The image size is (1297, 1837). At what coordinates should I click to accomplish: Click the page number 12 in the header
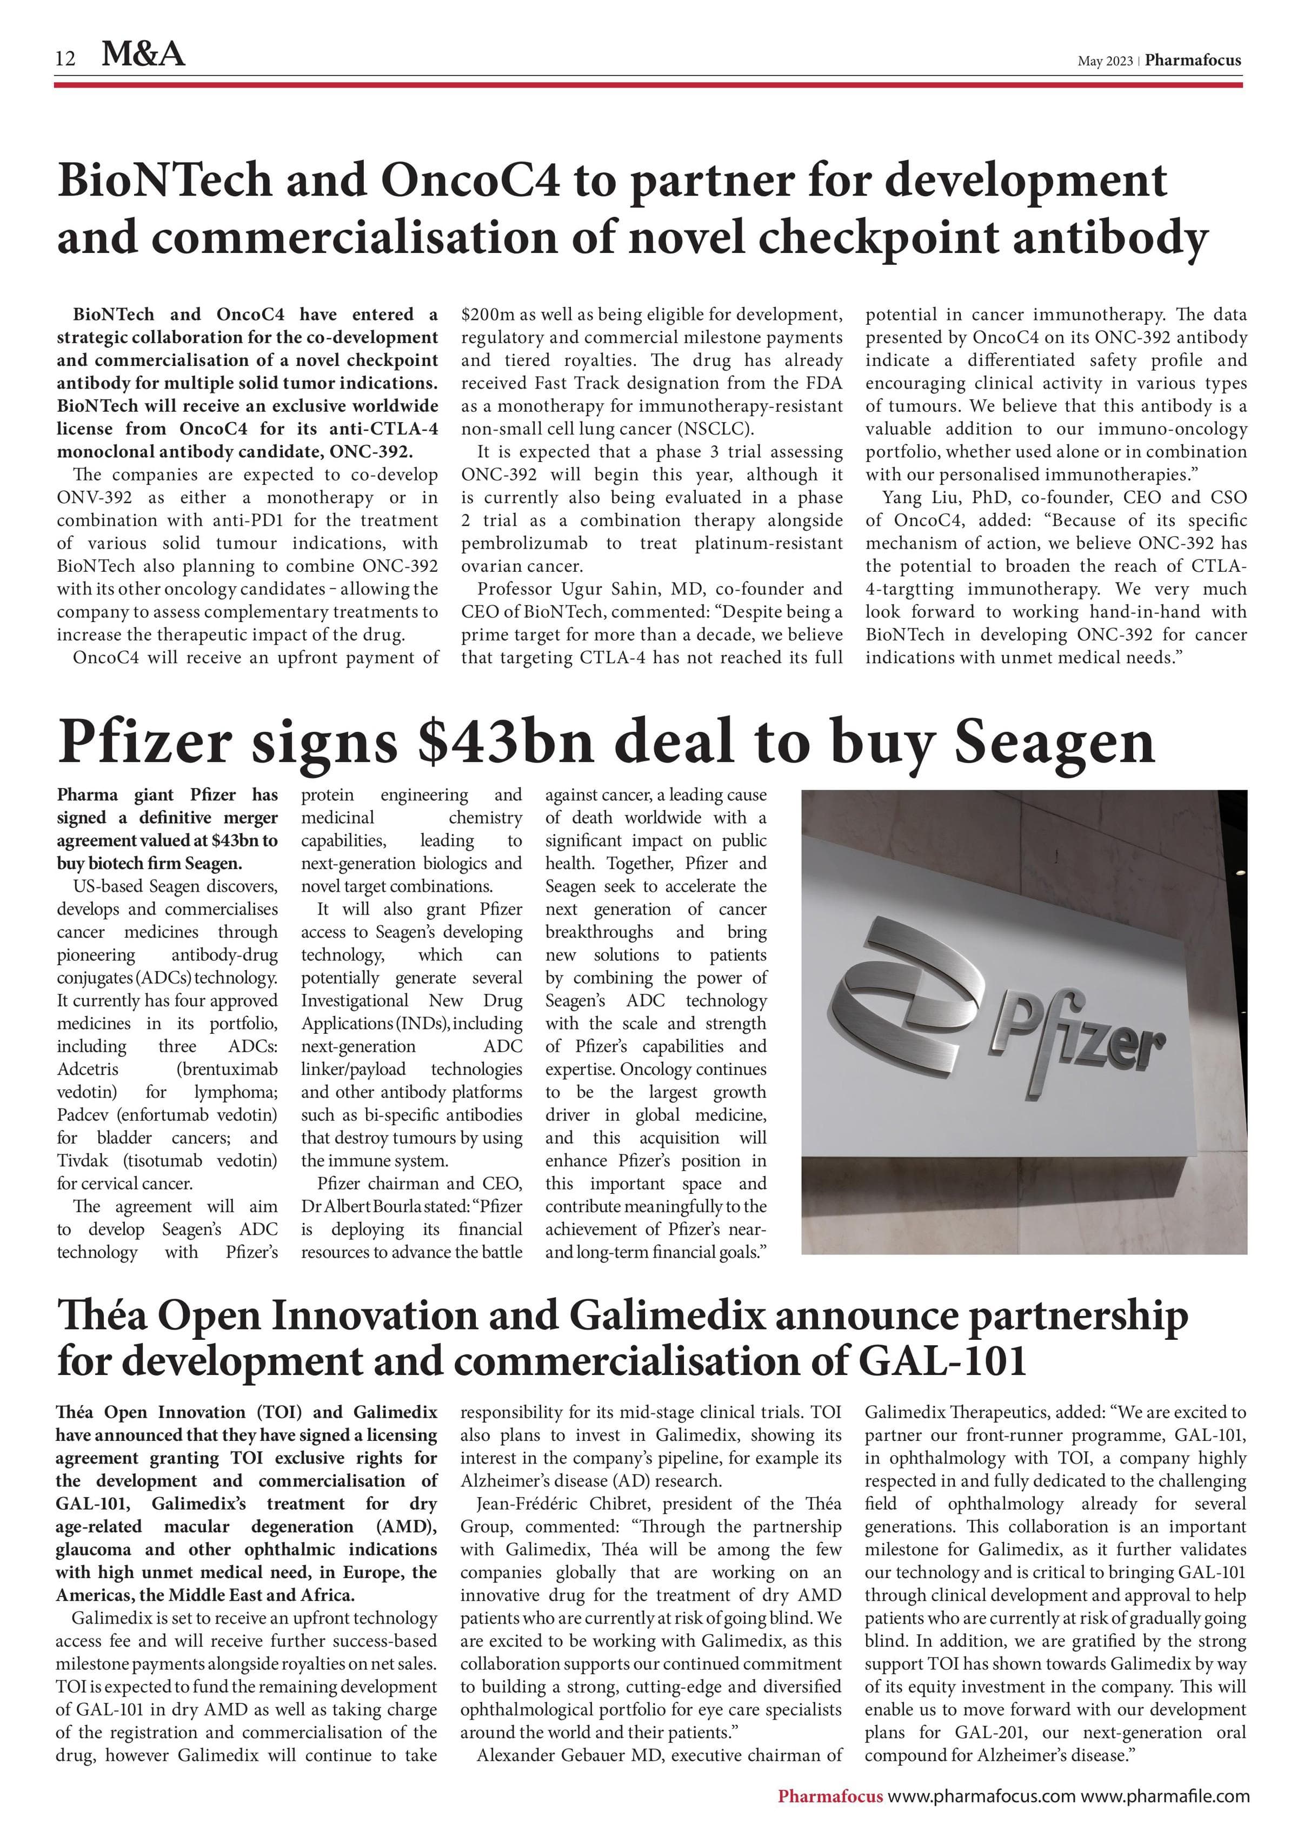pyautogui.click(x=65, y=58)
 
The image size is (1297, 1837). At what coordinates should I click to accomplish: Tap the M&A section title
pyautogui.click(x=143, y=55)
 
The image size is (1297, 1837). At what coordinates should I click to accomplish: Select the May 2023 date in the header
pyautogui.click(x=1104, y=61)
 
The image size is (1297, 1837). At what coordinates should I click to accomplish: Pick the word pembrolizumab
pyautogui.click(x=524, y=543)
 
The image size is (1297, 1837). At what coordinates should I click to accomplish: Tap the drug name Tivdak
pyautogui.click(x=84, y=1161)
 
